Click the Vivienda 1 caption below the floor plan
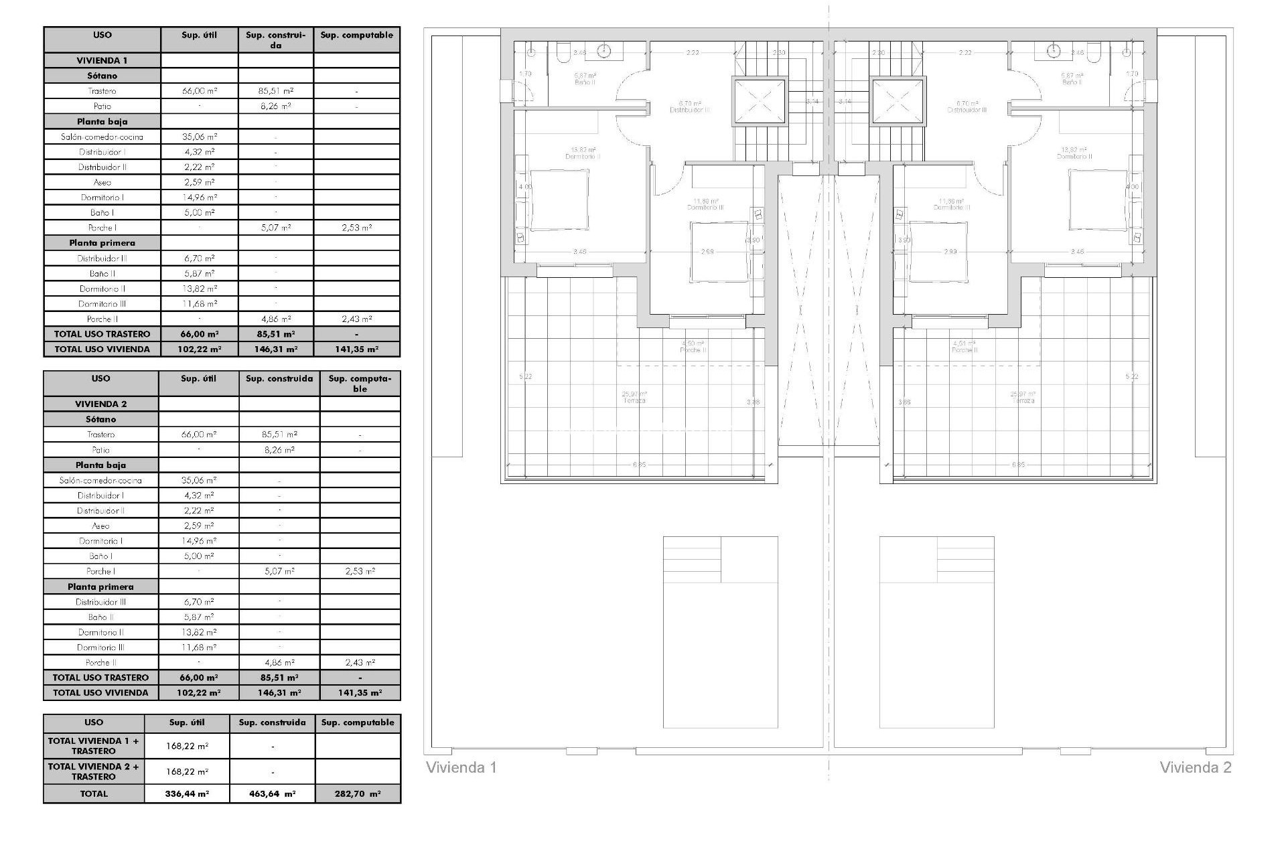461,767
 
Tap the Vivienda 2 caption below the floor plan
1196,767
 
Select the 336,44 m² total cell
187,793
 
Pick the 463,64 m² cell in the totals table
273,793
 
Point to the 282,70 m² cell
358,793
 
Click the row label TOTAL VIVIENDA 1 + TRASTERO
94,746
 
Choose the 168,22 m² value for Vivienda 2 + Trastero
187,771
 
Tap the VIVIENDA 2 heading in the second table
101,404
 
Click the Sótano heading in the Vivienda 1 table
102,76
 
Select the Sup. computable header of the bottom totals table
358,722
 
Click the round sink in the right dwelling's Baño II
1055,50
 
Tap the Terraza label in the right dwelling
1023,400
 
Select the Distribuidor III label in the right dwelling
967,110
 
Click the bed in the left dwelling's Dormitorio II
559,199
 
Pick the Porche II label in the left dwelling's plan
693,350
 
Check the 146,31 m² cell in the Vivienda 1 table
276,349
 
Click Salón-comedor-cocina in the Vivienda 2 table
100,480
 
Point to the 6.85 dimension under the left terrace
637,465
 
